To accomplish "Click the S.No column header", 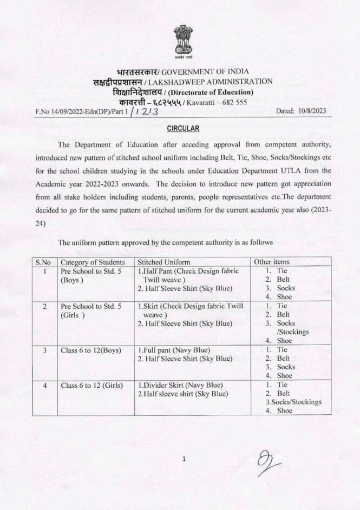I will (43, 262).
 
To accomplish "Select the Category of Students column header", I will (93, 262).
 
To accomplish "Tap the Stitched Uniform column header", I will (167, 262).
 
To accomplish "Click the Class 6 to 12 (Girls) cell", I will (91, 385).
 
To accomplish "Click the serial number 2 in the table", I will (43, 306).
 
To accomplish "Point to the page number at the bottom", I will (184, 459).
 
